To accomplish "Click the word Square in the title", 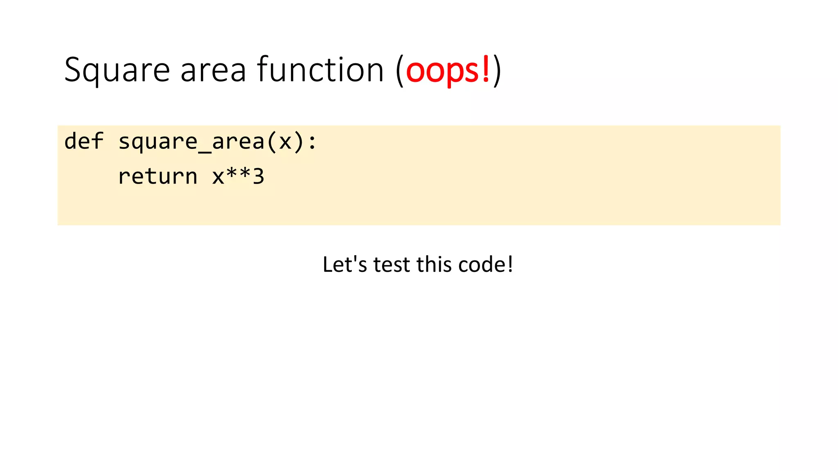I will [117, 70].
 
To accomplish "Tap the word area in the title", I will [213, 70].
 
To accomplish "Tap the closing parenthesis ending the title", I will [497, 70].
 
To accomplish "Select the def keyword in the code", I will [84, 141].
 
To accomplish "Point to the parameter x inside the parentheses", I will [285, 142].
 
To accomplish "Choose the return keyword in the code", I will [158, 177].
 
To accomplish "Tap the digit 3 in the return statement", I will [258, 177].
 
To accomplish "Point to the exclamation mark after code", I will [510, 265].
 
